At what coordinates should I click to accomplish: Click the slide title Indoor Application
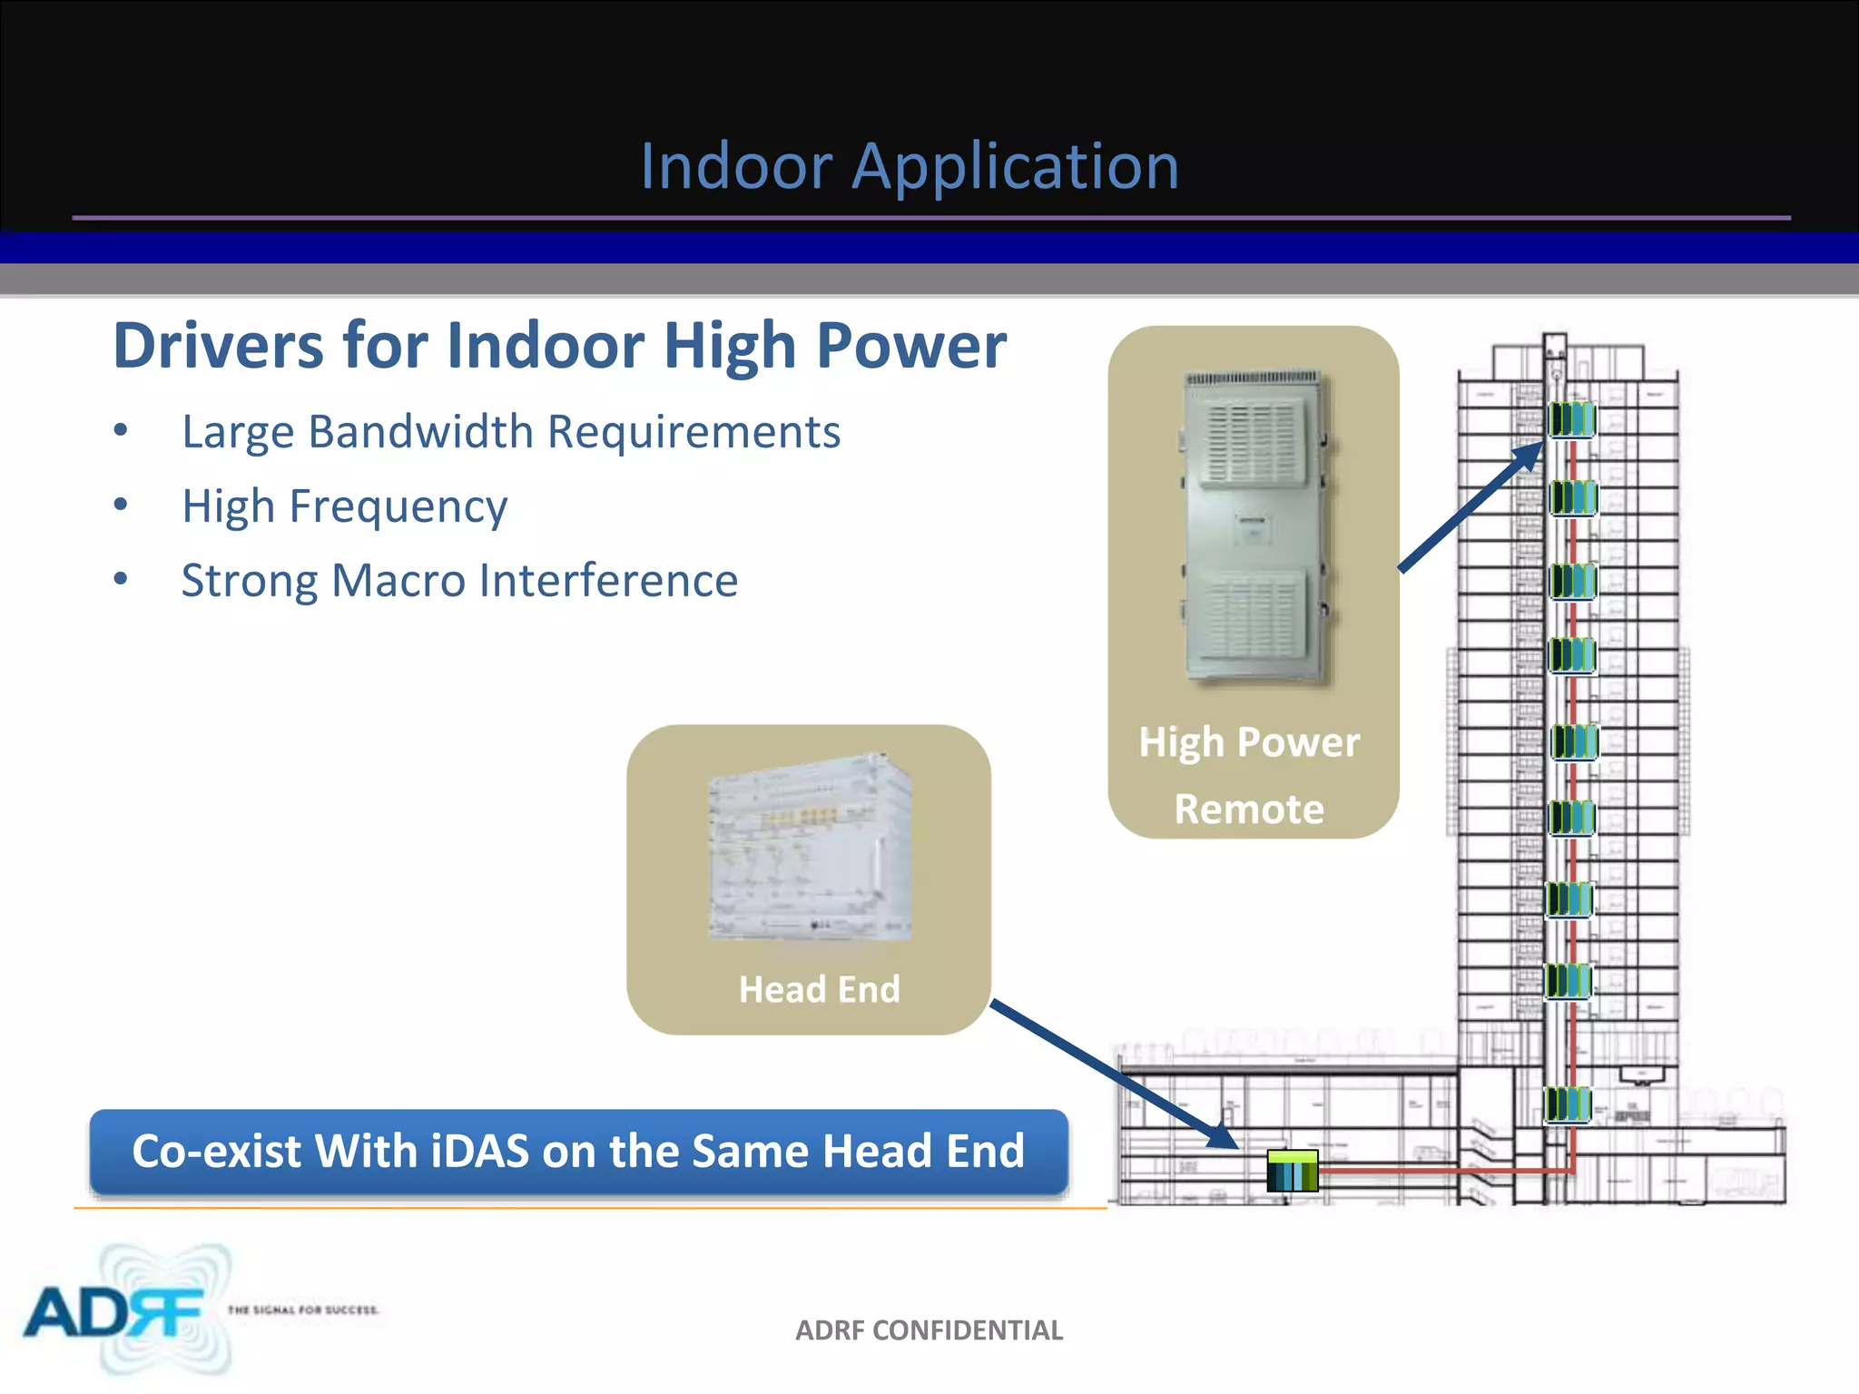pos(910,167)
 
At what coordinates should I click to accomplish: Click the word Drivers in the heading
pos(218,347)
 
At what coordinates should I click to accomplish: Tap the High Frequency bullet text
pos(344,506)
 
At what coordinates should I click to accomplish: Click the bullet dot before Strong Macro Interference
pos(121,579)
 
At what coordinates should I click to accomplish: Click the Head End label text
pos(819,989)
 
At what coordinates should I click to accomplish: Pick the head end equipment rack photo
pos(810,847)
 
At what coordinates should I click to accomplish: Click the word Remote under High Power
pos(1249,810)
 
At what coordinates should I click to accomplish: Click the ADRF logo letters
pos(113,1312)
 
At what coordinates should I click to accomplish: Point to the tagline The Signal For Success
pos(303,1310)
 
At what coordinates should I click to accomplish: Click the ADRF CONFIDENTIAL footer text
pos(929,1330)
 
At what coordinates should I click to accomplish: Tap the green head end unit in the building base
pos(1293,1171)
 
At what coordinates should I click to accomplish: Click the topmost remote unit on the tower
pos(1571,419)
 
